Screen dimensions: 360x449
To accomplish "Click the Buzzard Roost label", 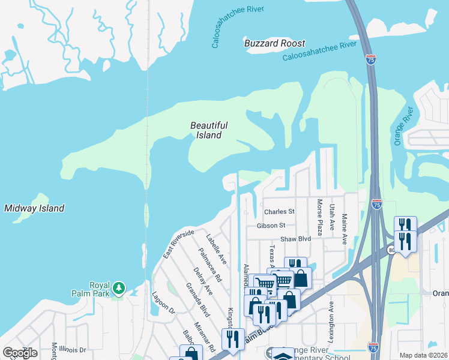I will click(x=275, y=43).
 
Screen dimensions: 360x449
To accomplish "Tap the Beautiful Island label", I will click(x=209, y=130).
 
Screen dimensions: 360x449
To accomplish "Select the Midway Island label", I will click(x=34, y=208).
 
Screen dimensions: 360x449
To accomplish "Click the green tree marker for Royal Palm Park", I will click(x=119, y=288).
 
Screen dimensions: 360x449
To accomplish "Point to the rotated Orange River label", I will click(x=402, y=126).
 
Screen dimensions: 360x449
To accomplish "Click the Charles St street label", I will click(x=279, y=212).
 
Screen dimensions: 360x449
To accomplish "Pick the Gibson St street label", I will click(x=271, y=226).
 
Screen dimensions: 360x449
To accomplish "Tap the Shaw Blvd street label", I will click(x=296, y=239).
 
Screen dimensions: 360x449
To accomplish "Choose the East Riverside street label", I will click(x=178, y=244).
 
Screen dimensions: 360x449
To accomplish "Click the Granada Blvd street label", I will click(x=197, y=299).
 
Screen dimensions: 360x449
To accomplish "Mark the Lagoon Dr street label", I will click(x=163, y=302).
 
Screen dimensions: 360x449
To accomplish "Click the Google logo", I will click(x=20, y=353).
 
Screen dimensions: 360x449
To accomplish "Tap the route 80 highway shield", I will click(x=391, y=250).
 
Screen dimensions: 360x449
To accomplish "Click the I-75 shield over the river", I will click(x=370, y=59).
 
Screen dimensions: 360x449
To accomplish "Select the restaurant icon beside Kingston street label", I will click(x=232, y=339).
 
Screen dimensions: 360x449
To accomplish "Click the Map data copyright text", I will click(x=424, y=355).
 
